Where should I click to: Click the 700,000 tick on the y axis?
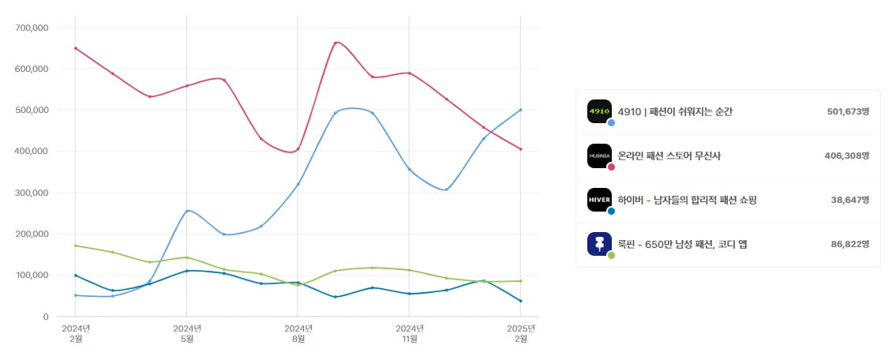[x=32, y=28]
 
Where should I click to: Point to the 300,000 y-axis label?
[x=32, y=193]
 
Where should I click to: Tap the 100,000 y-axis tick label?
[x=32, y=276]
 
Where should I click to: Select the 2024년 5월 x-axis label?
[x=186, y=333]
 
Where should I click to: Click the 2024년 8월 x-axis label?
[x=298, y=333]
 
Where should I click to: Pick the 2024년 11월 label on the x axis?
[x=409, y=333]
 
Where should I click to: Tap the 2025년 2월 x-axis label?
[x=521, y=333]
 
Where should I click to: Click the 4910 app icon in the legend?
[x=599, y=111]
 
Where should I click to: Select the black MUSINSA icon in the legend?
[x=599, y=156]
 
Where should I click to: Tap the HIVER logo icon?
[x=599, y=200]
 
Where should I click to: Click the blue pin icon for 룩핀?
[x=599, y=244]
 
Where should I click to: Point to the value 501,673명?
[x=846, y=112]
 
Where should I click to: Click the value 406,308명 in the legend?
[x=846, y=156]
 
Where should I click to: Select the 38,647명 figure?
[x=849, y=201]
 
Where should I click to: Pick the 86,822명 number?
[x=849, y=245]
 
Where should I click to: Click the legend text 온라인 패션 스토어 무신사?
[x=669, y=156]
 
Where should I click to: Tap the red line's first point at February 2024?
[x=75, y=48]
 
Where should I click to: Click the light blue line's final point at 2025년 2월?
[x=521, y=110]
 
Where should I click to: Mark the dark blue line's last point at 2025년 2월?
[x=521, y=301]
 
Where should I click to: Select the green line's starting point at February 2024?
[x=75, y=246]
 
